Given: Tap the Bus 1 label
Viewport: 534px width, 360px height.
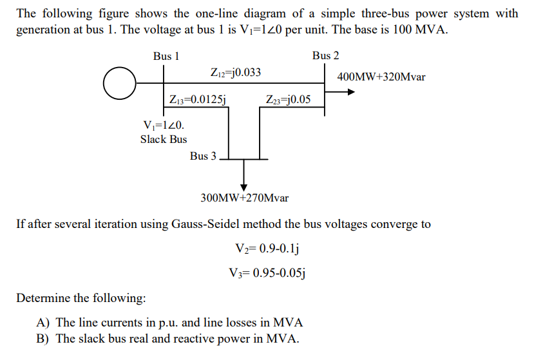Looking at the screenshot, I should (x=166, y=57).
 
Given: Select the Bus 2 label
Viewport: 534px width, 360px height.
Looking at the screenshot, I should (x=325, y=56).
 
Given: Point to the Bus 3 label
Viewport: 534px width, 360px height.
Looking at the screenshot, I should (x=204, y=156).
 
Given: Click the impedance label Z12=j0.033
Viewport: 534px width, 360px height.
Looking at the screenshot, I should (x=236, y=72).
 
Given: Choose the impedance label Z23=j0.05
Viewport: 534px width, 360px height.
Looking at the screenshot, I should (x=288, y=99).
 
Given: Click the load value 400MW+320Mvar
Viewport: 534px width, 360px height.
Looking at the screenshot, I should (x=381, y=77).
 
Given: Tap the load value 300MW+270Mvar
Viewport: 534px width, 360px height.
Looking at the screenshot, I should (x=245, y=197).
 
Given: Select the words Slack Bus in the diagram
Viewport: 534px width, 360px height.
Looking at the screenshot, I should (x=164, y=139).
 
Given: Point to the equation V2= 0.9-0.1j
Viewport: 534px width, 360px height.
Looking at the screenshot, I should (x=269, y=249).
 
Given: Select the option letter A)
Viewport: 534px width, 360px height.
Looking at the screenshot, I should (x=44, y=322).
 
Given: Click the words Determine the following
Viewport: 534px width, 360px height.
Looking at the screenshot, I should (x=81, y=298).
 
